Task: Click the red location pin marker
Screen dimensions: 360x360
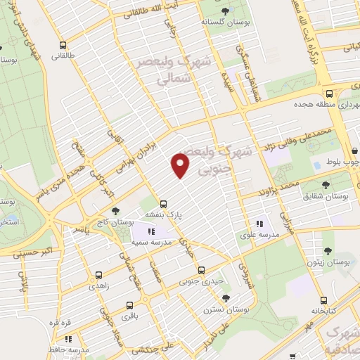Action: tap(181, 165)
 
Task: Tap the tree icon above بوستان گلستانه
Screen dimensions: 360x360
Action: tap(225, 11)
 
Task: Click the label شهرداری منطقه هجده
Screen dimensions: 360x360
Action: tap(310, 105)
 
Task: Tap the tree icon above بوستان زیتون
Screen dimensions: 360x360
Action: tap(327, 250)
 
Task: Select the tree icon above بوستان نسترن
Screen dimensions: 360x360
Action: tap(241, 297)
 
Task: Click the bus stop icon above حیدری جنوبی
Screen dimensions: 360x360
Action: tap(202, 270)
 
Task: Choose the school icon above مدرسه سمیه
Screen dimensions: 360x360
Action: tap(150, 231)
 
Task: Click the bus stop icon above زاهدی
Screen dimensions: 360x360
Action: tap(98, 275)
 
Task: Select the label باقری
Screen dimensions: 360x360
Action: tap(129, 316)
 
